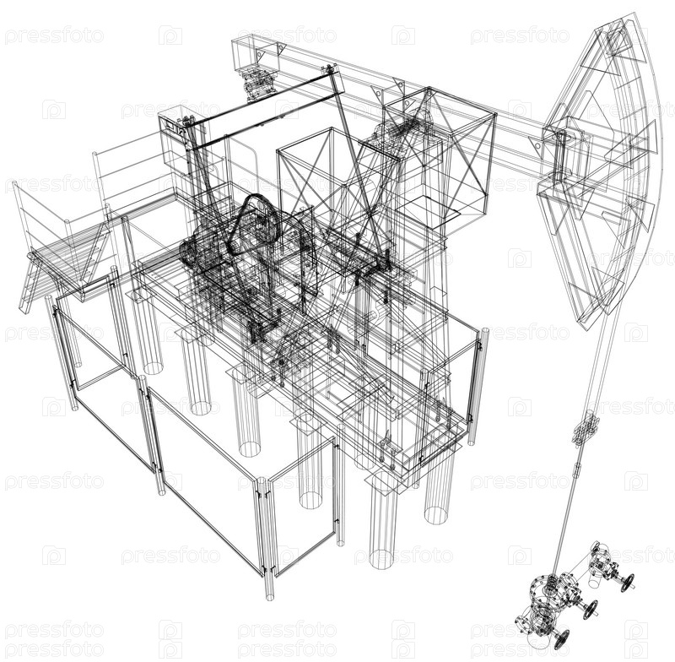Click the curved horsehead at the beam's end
[x=602, y=172]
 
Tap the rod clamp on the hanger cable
[x=586, y=428]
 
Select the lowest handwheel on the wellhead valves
[x=561, y=639]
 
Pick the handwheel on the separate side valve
[x=628, y=582]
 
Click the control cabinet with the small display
[x=175, y=138]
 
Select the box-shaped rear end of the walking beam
[x=256, y=54]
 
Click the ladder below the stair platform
[x=29, y=282]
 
